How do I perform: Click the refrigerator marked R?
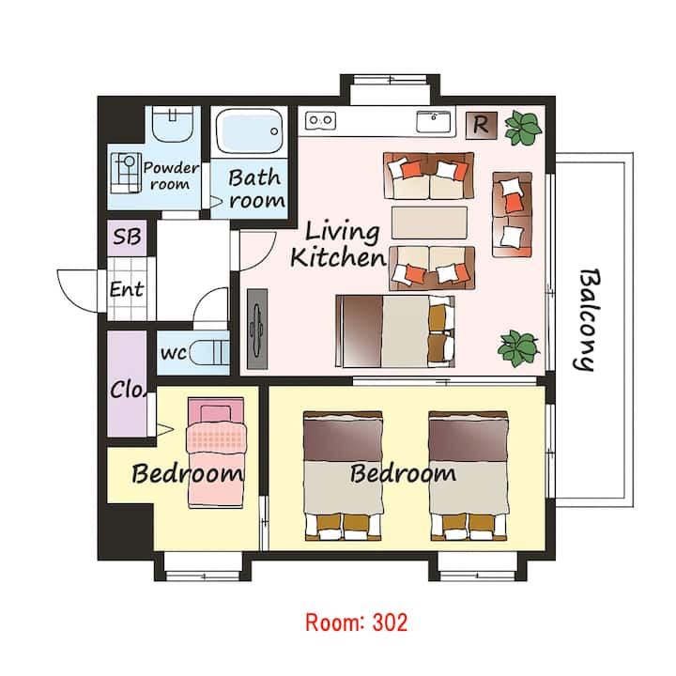coord(482,126)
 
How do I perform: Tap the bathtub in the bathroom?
coord(249,131)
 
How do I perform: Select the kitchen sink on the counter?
coord(434,122)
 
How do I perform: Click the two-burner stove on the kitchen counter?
coord(320,120)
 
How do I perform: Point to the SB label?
coord(127,237)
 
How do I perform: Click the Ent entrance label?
coord(127,289)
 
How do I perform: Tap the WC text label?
coord(174,353)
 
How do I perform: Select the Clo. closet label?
coord(129,390)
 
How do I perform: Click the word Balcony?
coord(588,320)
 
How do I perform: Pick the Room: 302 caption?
coord(357,622)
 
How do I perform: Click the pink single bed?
coord(217,453)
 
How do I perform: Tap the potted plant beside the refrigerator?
coord(523,128)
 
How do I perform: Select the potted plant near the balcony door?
coord(518,348)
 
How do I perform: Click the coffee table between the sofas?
coord(429,223)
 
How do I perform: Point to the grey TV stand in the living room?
coord(257,329)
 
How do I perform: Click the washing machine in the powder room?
coord(127,173)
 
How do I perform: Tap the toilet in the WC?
coord(209,352)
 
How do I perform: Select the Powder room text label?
coord(171,176)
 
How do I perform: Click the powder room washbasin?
coord(173,124)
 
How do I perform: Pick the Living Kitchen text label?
coord(338,245)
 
